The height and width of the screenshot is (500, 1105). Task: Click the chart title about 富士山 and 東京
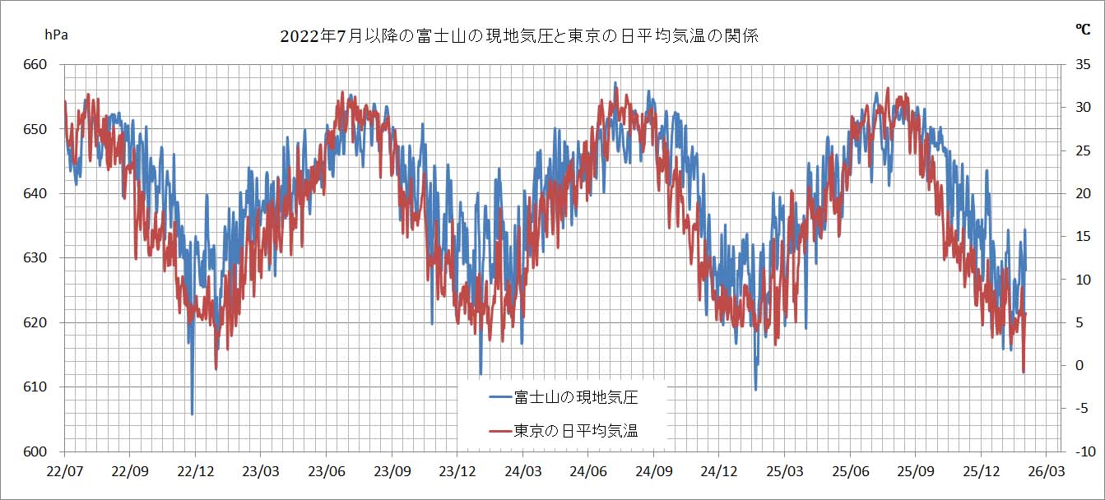(518, 36)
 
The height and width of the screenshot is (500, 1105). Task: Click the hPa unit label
(56, 35)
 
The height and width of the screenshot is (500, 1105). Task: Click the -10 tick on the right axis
(1081, 451)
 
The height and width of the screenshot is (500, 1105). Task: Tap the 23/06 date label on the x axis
(326, 472)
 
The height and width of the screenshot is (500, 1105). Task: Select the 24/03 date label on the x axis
(522, 472)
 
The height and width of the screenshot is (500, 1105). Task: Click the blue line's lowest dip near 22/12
(193, 414)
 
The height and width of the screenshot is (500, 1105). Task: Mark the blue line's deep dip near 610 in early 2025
(755, 389)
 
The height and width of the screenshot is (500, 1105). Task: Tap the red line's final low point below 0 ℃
(1024, 373)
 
